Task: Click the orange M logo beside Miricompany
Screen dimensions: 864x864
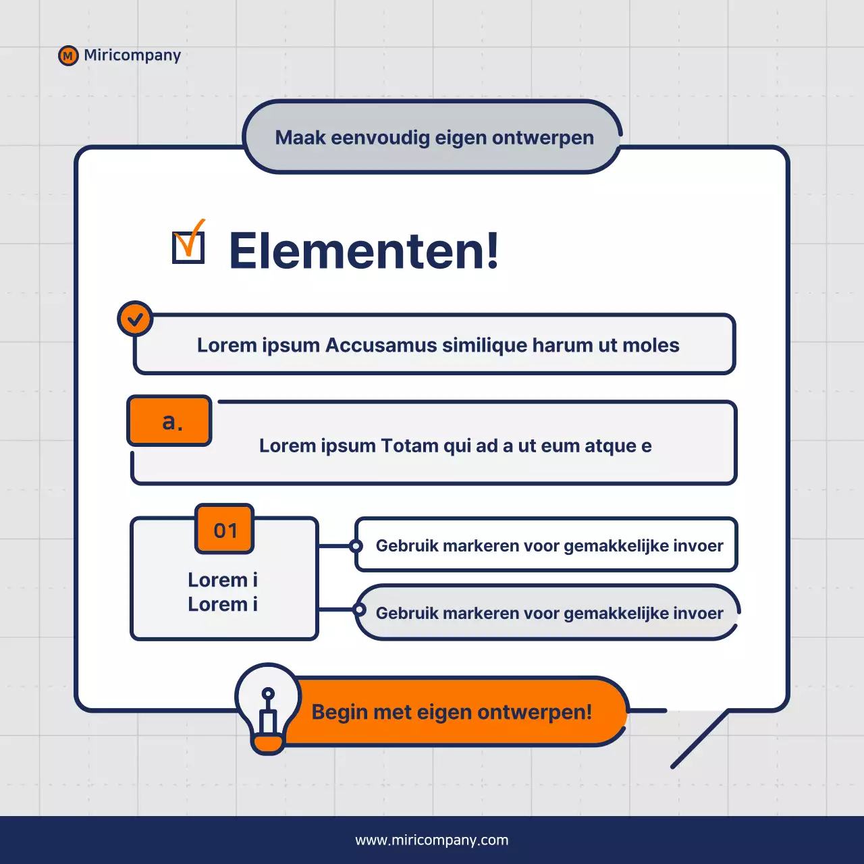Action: coord(68,56)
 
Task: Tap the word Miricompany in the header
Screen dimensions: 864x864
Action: coord(132,55)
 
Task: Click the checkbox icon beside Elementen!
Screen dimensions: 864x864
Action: coord(188,246)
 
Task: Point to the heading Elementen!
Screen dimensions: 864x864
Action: coord(364,250)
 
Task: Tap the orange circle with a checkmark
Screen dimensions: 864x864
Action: coord(135,319)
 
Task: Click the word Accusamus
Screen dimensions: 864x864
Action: coord(381,345)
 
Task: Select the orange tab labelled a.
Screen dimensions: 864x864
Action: coord(169,421)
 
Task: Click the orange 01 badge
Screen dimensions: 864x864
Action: coord(225,530)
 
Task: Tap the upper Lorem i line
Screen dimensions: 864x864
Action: coord(223,580)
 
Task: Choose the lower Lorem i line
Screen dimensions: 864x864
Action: coord(223,604)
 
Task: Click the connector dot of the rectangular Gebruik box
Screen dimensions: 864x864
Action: coord(356,545)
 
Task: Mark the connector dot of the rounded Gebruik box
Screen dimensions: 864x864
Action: coord(360,611)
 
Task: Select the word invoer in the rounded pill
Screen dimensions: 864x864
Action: coord(698,613)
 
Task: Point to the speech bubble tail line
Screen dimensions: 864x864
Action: coord(700,739)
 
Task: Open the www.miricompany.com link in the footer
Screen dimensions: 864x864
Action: coord(432,840)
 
